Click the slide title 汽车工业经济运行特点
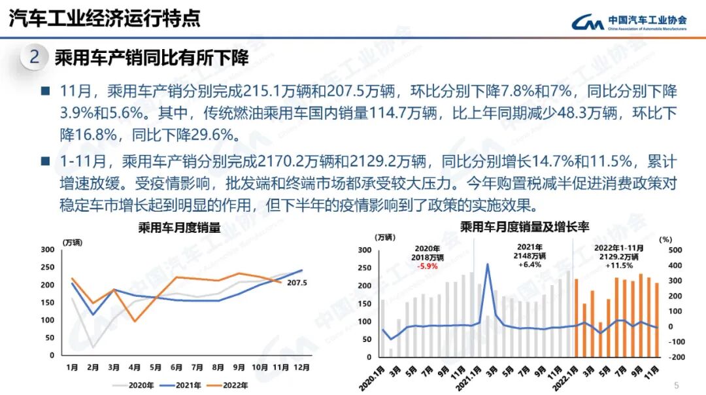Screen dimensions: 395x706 105,18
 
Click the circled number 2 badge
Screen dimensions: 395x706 35,58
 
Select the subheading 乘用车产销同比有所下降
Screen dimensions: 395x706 152,58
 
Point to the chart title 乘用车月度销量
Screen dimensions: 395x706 179,228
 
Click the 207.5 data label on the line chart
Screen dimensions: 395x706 297,283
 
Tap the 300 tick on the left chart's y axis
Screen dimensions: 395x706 47,250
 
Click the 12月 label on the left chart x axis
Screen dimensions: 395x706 302,368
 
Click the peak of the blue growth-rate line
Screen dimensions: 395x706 488,264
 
